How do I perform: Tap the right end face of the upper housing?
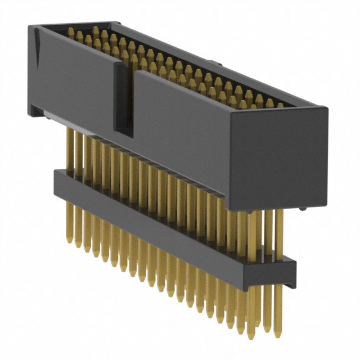(279, 158)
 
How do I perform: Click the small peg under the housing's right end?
(304, 209)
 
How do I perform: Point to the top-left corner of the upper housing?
(29, 25)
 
